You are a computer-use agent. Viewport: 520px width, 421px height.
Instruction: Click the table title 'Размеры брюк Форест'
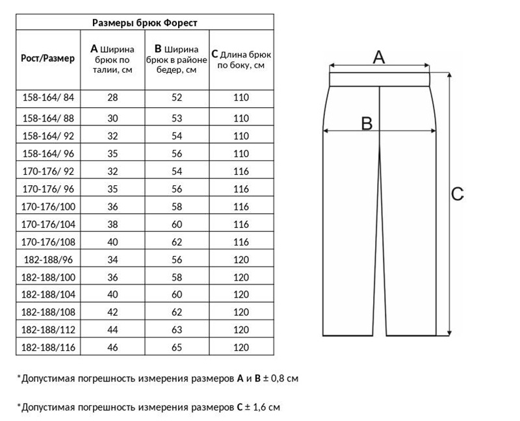pyautogui.click(x=144, y=22)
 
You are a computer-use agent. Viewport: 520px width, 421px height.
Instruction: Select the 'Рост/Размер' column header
pyautogui.click(x=48, y=58)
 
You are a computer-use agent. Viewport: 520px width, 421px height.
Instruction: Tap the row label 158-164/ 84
pyautogui.click(x=48, y=97)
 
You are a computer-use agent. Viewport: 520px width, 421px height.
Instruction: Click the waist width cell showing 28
pyautogui.click(x=112, y=97)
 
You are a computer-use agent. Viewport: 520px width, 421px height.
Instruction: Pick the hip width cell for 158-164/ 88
pyautogui.click(x=177, y=118)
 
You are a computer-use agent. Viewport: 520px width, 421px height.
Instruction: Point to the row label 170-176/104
pyautogui.click(x=48, y=224)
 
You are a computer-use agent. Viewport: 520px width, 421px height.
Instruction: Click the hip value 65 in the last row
pyautogui.click(x=177, y=348)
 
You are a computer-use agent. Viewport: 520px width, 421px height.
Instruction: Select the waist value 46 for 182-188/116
pyautogui.click(x=112, y=348)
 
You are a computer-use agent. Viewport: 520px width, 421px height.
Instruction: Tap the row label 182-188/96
pyautogui.click(x=48, y=260)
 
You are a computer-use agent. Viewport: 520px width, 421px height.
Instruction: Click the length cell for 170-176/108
pyautogui.click(x=241, y=242)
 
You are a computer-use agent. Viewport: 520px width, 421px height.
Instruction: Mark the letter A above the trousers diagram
pyautogui.click(x=378, y=57)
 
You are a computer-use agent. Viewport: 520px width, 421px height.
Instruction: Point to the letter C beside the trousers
pyautogui.click(x=457, y=194)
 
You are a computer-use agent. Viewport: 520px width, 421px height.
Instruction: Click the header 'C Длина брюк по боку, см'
pyautogui.click(x=241, y=58)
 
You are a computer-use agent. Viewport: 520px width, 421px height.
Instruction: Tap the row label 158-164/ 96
pyautogui.click(x=48, y=154)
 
